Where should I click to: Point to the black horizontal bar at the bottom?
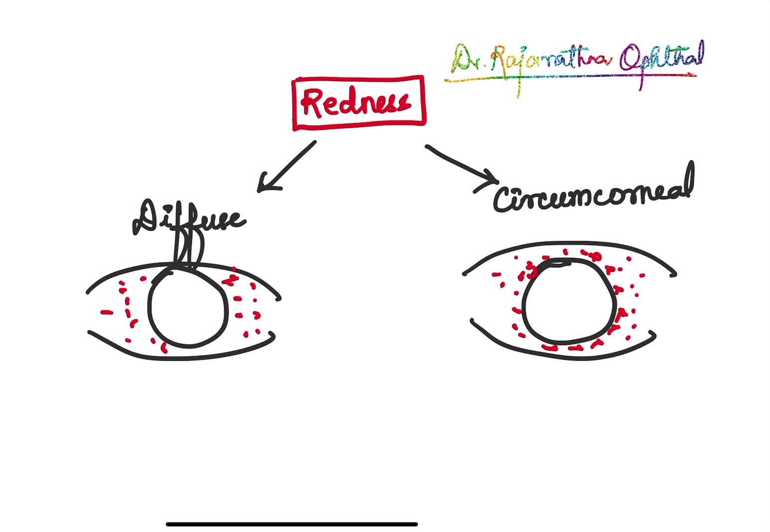292,524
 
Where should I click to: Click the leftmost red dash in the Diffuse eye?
107,313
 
